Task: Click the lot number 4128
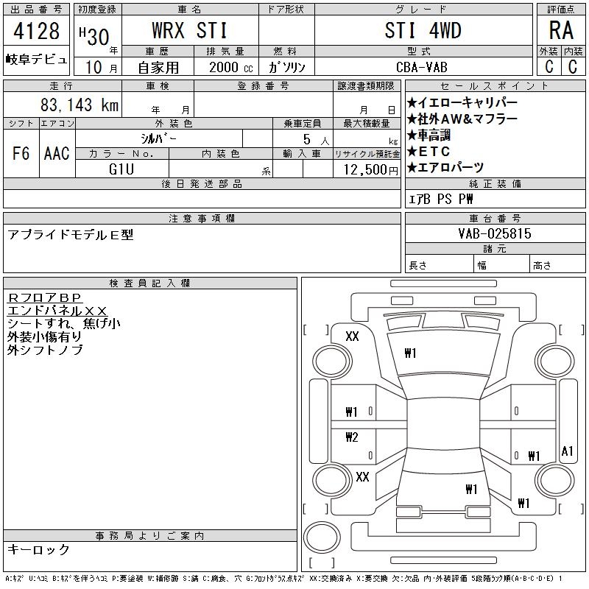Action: click(x=36, y=31)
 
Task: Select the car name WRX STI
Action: click(x=190, y=30)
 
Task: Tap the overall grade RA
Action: click(x=561, y=30)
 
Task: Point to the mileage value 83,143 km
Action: click(x=80, y=105)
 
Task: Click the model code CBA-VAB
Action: click(x=422, y=67)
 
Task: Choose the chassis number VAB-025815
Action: click(x=495, y=233)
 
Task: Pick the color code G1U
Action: click(x=121, y=169)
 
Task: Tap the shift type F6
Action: click(x=21, y=153)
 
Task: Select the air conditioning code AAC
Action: click(x=57, y=153)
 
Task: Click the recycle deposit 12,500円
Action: click(x=371, y=170)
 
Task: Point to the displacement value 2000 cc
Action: click(x=231, y=68)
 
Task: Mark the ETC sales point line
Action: click(x=428, y=152)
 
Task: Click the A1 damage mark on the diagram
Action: click(x=567, y=451)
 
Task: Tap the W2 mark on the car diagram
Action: click(x=352, y=437)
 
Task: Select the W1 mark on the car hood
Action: click(x=410, y=353)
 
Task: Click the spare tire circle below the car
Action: click(x=322, y=537)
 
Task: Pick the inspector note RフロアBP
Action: click(x=44, y=297)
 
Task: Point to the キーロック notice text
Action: click(x=38, y=549)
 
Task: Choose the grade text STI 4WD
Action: click(x=423, y=30)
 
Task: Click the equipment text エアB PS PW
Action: click(x=440, y=199)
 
